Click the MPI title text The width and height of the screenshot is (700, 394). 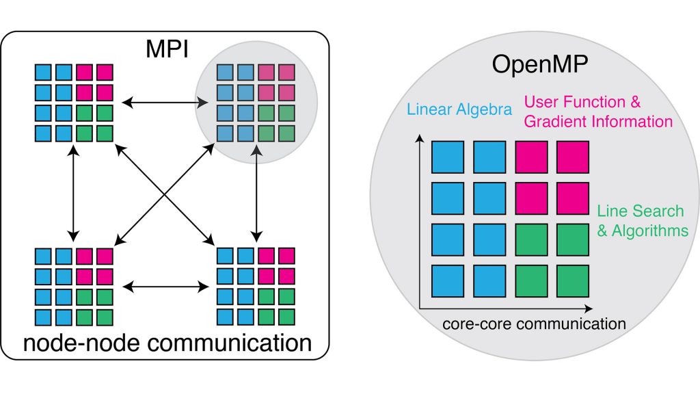pos(167,51)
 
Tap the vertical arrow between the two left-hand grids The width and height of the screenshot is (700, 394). pos(73,194)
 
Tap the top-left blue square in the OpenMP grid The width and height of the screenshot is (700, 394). pos(448,157)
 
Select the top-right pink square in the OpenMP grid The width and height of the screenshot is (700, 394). pos(574,157)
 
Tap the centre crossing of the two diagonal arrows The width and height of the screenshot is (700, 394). pos(165,194)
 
